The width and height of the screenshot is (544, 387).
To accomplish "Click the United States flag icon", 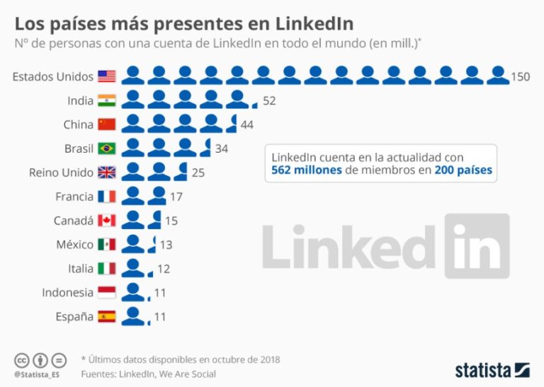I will click(106, 76).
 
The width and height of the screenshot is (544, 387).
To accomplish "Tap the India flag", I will click(106, 100).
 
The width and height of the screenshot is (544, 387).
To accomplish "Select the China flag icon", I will click(106, 125).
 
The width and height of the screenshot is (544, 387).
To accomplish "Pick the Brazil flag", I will click(106, 149).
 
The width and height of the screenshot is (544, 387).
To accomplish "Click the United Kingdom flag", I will click(106, 173).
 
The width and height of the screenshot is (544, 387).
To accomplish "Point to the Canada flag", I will click(106, 221).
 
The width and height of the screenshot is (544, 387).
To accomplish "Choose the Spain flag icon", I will click(106, 316).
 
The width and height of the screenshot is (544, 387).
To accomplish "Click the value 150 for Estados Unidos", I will click(521, 76).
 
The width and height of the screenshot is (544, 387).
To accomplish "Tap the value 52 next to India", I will click(269, 100).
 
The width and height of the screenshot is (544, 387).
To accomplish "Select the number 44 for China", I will click(247, 125).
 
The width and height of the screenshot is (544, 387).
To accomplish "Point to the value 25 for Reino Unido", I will click(198, 173).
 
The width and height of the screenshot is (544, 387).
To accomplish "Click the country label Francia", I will click(74, 197).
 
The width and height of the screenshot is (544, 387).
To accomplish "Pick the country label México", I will click(74, 245).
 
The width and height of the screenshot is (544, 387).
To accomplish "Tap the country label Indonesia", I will click(67, 292).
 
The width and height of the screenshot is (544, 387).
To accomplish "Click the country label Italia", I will click(80, 269).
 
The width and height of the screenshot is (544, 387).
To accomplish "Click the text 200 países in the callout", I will click(463, 171).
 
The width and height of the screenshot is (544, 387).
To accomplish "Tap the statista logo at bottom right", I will click(492, 370).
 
